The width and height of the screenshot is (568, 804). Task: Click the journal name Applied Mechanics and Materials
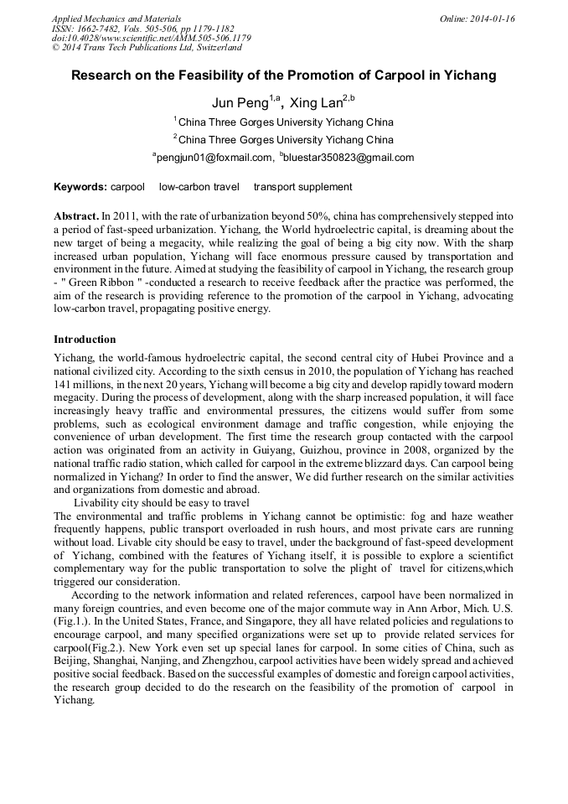click(x=116, y=18)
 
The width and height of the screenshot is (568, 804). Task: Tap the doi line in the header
click(x=151, y=39)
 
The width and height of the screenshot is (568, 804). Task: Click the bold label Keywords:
click(x=80, y=187)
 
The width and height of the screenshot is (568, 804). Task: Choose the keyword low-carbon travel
click(x=199, y=187)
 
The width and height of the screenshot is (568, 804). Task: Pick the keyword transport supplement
click(x=302, y=187)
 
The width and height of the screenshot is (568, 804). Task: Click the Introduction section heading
click(x=85, y=340)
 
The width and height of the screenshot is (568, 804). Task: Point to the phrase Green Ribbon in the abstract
click(x=100, y=283)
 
